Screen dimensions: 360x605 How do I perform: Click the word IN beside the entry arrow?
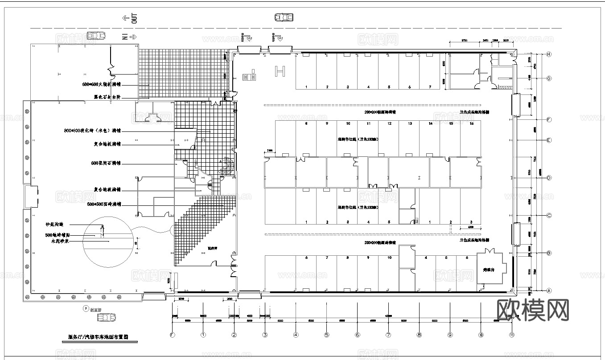coord(125,37)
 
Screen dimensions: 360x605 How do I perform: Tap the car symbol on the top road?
coord(284,17)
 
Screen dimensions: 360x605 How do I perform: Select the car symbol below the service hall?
coord(107,317)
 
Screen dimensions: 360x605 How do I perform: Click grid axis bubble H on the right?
coord(549,54)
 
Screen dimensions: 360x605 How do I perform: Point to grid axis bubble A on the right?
coord(549,290)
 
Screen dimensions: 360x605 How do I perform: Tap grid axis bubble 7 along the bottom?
coord(388,335)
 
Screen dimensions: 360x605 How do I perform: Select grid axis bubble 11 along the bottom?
coord(512,335)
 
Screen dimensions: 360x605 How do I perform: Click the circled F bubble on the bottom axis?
coord(173,335)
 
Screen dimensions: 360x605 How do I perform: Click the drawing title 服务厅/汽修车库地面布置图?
coord(98,337)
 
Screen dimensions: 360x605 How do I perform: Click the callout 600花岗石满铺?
coord(106,164)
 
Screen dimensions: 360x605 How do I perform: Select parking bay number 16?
coord(471,123)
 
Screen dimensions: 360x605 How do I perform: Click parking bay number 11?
coord(368,123)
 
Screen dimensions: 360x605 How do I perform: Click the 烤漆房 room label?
coord(490,270)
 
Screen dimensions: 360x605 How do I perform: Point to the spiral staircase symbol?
coord(226,166)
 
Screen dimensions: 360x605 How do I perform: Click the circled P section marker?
coord(85,308)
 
